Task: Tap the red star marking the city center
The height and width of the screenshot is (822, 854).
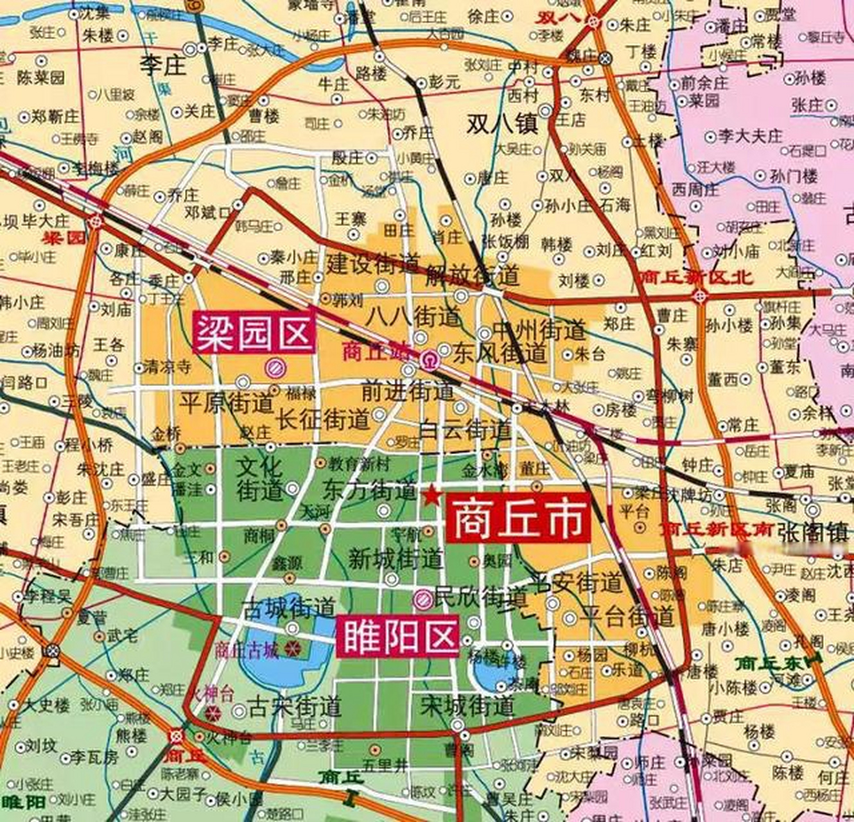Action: point(430,494)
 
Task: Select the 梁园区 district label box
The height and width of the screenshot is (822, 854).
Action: point(254,333)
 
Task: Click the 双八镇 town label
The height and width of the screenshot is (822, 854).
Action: point(501,123)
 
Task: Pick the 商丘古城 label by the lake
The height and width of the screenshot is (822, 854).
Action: point(247,650)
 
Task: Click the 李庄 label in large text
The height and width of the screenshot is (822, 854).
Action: point(163,66)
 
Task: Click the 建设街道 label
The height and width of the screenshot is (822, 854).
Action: point(373,263)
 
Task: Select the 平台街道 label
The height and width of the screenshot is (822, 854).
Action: point(627,616)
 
